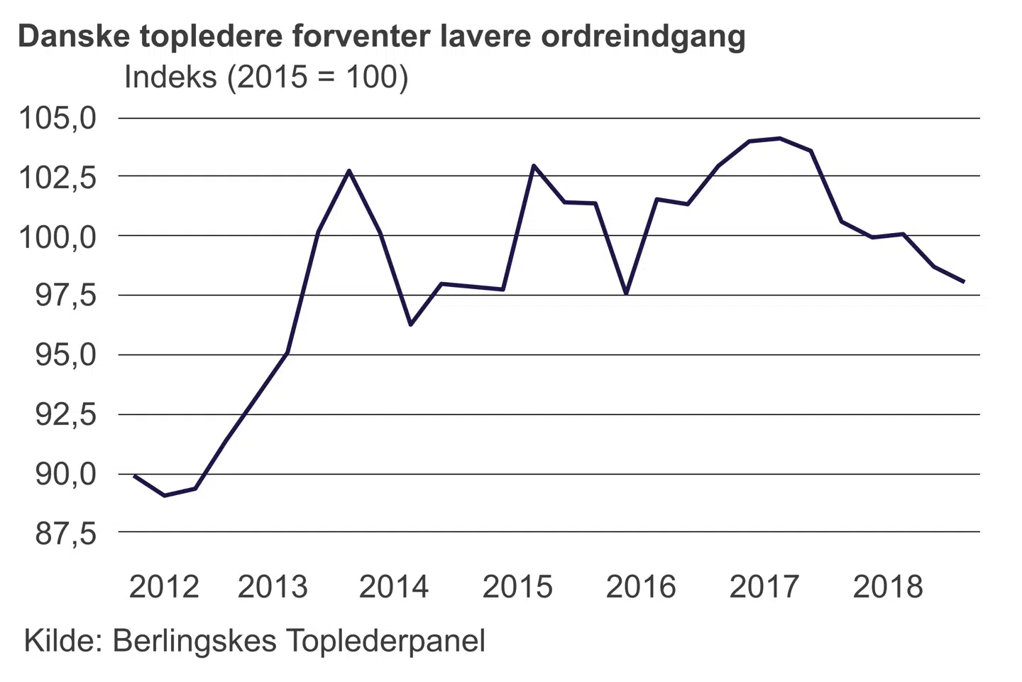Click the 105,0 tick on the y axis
[x=57, y=118]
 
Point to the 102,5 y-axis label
[x=57, y=177]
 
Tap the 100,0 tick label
[x=57, y=237]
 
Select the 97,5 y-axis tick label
[x=65, y=296]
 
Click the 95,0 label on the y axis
[x=65, y=354]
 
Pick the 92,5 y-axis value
[x=65, y=414]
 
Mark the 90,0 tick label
[x=65, y=474]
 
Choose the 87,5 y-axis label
[x=65, y=533]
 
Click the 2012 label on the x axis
[x=164, y=587]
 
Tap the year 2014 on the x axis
[x=394, y=587]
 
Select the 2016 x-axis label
[x=641, y=587]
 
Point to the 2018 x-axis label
[x=888, y=587]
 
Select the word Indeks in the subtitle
[x=170, y=77]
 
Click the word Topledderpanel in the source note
[x=386, y=641]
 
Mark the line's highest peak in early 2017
[x=780, y=139]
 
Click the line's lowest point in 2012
[x=165, y=495]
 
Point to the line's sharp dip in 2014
[x=410, y=325]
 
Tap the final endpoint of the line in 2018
[x=963, y=282]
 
